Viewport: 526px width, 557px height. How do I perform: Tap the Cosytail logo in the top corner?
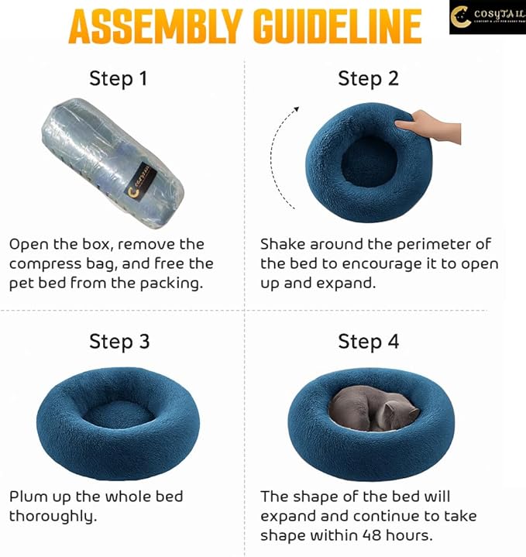[486, 17]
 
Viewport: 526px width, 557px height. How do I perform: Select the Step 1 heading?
[119, 77]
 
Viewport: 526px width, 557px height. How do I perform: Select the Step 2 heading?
[368, 77]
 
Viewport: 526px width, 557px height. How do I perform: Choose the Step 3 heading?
[119, 341]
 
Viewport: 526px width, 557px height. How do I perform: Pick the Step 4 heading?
[368, 341]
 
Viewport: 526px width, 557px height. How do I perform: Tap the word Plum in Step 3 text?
[27, 496]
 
